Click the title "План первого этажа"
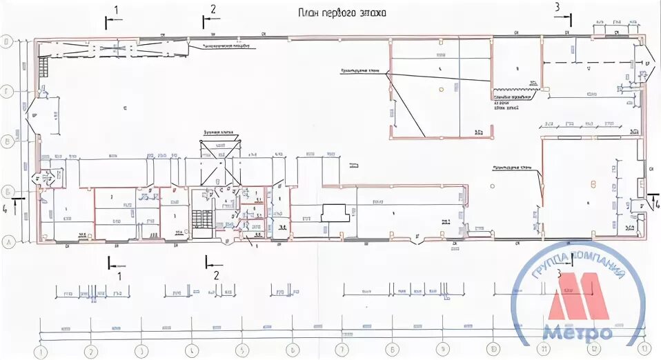click(x=342, y=12)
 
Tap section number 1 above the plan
click(x=116, y=10)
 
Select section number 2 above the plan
click(x=213, y=10)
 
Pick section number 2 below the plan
click(x=216, y=275)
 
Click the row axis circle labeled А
click(x=8, y=243)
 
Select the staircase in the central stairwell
click(x=201, y=220)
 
